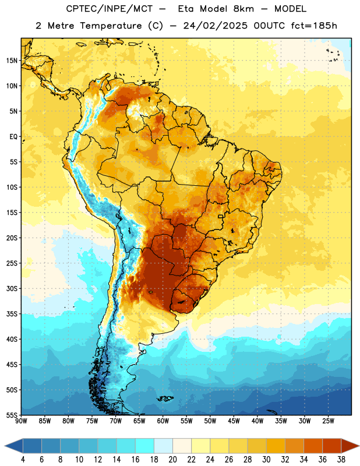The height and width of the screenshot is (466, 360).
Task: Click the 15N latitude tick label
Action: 12,61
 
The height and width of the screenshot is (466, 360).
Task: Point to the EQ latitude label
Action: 13,137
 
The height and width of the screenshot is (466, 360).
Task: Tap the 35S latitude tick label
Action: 12,314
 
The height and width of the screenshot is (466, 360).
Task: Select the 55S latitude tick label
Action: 12,415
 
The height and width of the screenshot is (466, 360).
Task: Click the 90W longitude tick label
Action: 21,421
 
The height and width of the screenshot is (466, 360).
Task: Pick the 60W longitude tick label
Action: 163,421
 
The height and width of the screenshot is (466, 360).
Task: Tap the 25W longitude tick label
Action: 328,421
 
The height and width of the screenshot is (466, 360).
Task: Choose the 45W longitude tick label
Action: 234,421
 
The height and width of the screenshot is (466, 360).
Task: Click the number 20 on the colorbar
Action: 172,460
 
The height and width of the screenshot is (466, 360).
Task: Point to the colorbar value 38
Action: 341,460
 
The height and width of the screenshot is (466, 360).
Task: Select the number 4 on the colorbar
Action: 23,460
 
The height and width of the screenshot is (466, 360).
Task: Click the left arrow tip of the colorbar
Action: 5,446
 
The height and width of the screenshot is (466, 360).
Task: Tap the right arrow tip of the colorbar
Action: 359,446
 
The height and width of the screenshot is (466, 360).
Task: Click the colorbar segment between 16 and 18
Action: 144,446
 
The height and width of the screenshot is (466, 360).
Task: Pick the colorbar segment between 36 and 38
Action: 332,446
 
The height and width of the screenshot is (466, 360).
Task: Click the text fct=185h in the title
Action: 314,26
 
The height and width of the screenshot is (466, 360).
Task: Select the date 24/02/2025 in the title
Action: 215,26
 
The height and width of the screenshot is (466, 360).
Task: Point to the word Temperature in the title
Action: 111,26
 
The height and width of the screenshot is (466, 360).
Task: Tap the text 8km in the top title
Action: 243,9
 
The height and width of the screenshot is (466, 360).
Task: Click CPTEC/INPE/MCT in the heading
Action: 110,9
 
